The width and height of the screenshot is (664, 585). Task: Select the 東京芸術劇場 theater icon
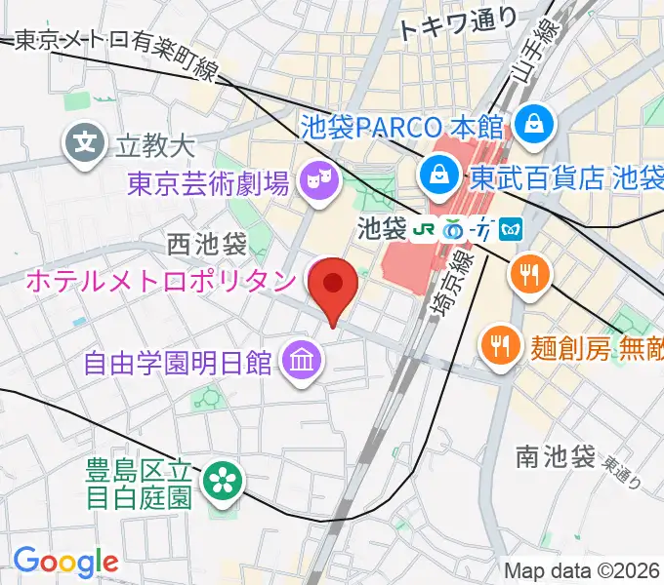click(315, 179)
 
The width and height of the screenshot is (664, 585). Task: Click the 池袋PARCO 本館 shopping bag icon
click(536, 124)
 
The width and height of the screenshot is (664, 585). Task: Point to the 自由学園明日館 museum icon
click(300, 363)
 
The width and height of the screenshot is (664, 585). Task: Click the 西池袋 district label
click(207, 243)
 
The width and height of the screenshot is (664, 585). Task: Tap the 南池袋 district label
click(556, 455)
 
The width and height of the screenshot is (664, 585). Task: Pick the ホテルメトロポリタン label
click(159, 281)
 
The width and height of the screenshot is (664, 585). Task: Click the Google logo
click(65, 561)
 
